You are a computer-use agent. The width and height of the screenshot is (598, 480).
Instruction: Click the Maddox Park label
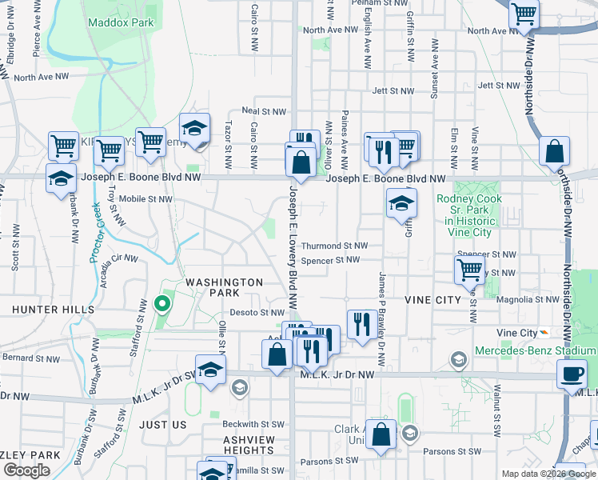point(121,23)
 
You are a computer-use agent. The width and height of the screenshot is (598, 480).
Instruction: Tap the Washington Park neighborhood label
point(224,288)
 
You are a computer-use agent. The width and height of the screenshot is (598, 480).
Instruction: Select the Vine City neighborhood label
point(433,300)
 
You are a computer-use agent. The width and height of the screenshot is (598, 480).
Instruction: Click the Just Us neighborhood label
point(162,425)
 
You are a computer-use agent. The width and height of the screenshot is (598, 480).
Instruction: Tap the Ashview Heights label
point(249,446)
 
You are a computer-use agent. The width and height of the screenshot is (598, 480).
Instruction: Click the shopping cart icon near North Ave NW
point(524,13)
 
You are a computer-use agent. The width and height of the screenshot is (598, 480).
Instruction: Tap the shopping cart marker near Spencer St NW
point(469,270)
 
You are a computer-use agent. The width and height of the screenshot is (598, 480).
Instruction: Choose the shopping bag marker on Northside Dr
point(554,151)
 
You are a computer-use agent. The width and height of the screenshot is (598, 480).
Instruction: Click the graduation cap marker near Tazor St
point(193,127)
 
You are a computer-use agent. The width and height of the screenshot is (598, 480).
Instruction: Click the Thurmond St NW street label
point(334,246)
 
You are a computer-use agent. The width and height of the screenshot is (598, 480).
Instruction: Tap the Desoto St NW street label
point(257,313)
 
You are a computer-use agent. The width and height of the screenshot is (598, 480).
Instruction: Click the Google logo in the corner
point(26,471)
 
